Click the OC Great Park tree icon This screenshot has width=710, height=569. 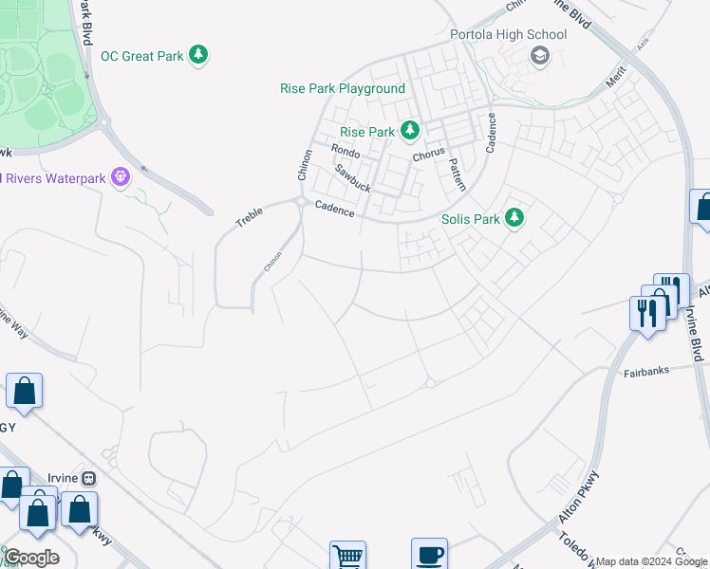tap(198, 56)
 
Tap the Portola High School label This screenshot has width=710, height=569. tap(508, 35)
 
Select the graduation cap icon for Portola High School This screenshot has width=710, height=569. tap(539, 56)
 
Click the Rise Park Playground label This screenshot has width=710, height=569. tap(343, 88)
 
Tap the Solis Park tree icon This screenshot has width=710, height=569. tap(514, 218)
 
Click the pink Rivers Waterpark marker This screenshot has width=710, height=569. tap(120, 177)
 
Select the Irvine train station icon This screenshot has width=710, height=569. tap(89, 479)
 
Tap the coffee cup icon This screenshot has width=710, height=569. tap(429, 554)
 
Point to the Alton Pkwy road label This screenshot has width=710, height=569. tap(579, 496)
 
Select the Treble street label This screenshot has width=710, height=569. tap(250, 216)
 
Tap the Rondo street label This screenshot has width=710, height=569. tap(345, 151)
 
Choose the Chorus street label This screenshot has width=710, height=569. tap(429, 156)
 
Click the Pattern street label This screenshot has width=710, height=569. tap(457, 175)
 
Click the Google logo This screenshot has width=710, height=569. tap(31, 558)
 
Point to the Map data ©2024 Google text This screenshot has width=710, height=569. tap(651, 561)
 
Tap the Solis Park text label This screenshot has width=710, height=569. tap(471, 219)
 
